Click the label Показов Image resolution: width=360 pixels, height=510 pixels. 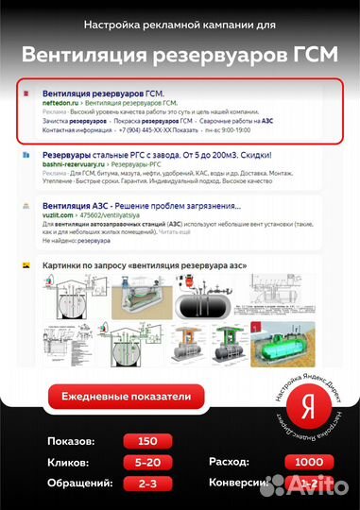pyautogui.click(x=71, y=441)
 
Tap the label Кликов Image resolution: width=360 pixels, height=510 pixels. pyautogui.click(x=69, y=463)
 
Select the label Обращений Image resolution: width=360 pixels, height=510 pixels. pyautogui.click(x=78, y=483)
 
